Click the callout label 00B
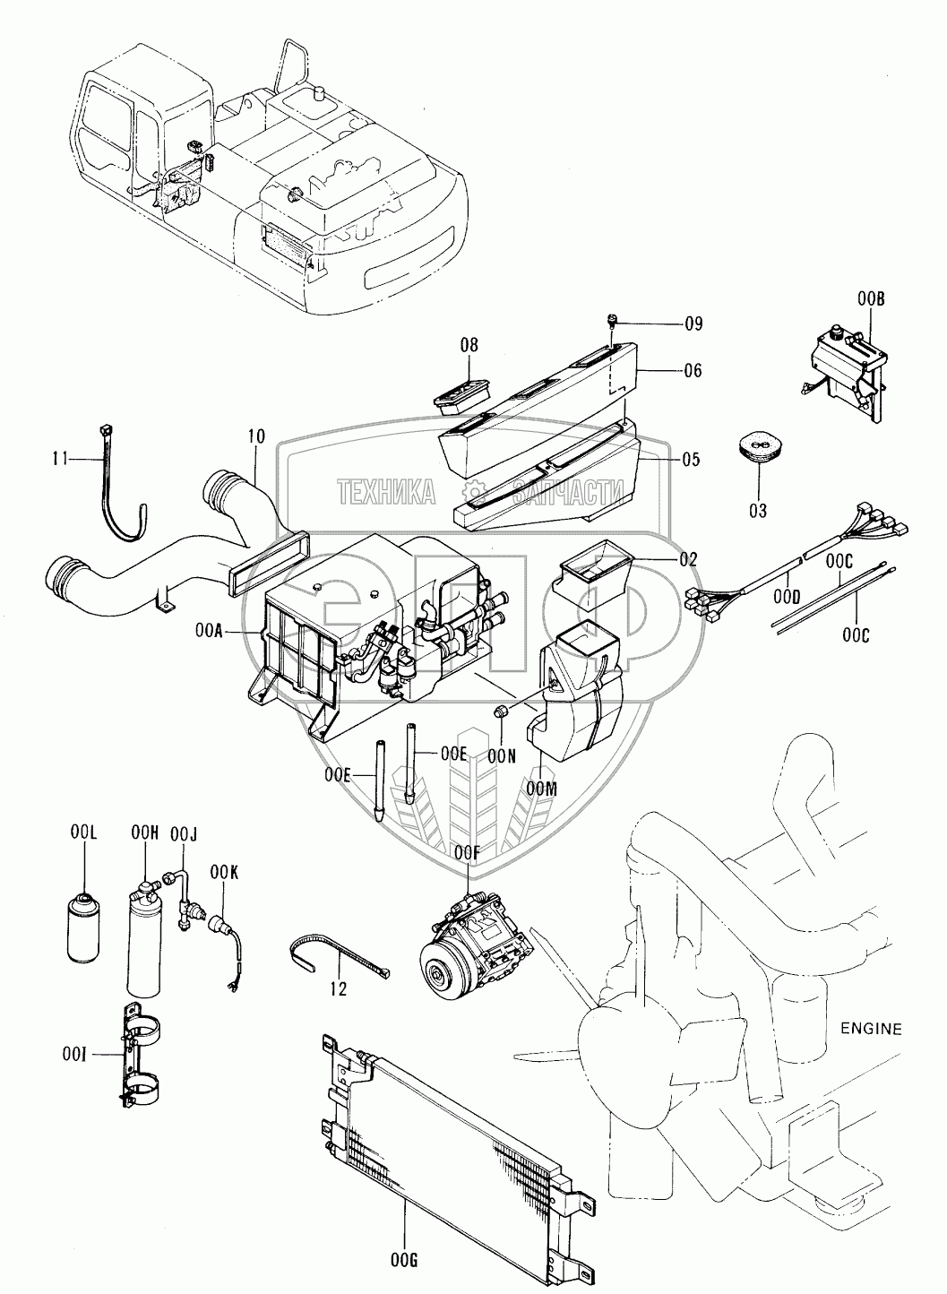coord(871,299)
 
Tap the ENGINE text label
coord(871,1029)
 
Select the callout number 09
coord(694,323)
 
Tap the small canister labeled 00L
coord(83,928)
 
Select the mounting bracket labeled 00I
coord(139,1057)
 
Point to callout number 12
coord(339,989)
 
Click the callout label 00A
coord(208,634)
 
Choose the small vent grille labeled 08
coord(461,396)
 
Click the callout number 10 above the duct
coord(256,436)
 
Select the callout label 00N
coord(501,756)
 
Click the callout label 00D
coord(788,597)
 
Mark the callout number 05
coord(691,459)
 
